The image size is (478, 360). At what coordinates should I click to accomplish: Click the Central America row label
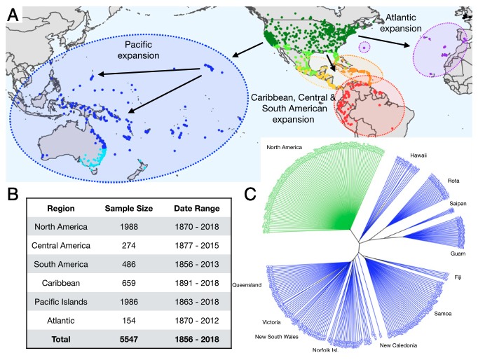(x=61, y=245)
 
